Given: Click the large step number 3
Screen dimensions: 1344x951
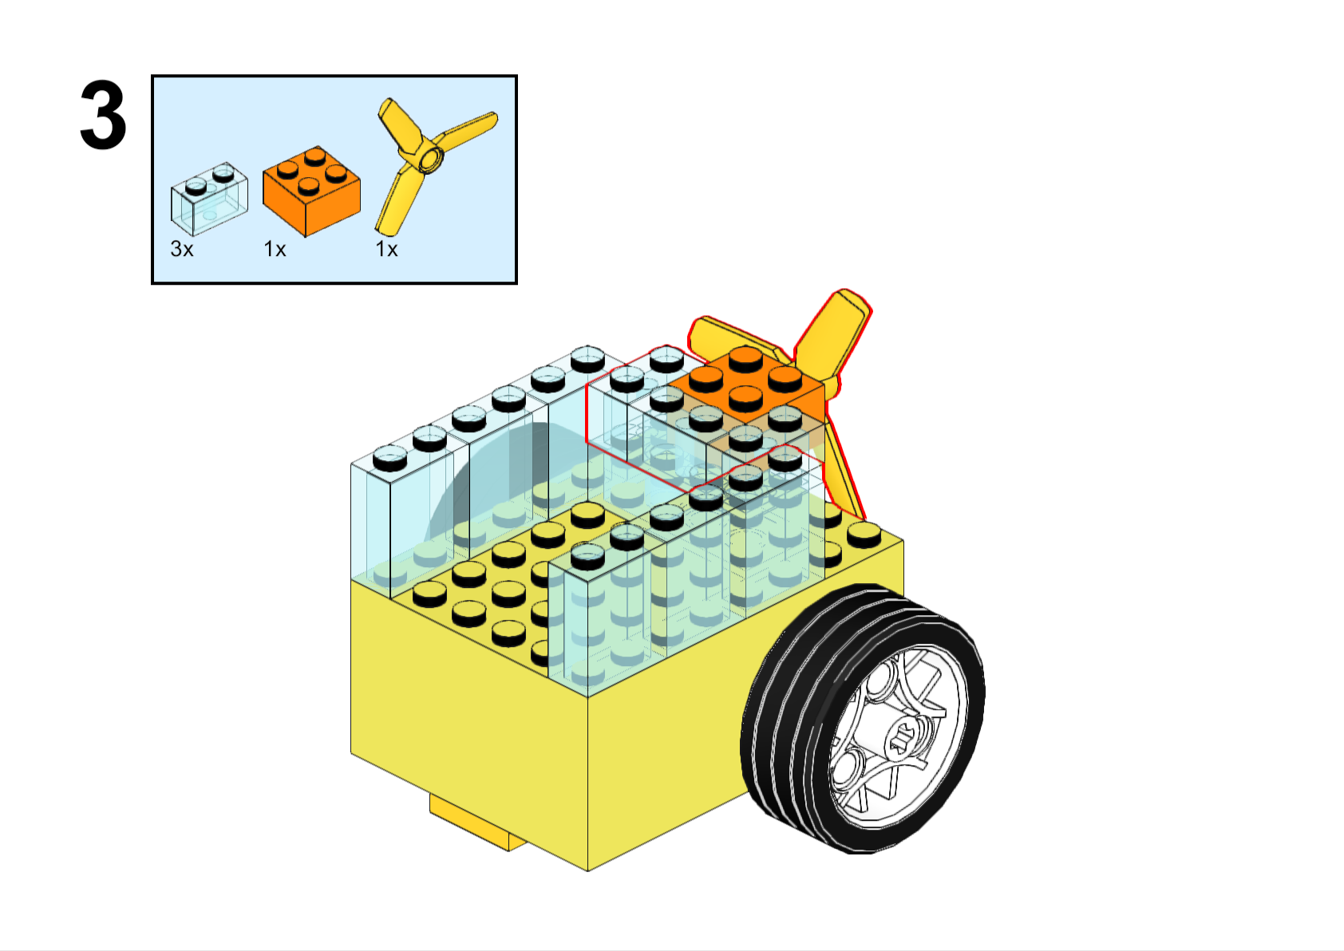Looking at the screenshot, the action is [x=103, y=115].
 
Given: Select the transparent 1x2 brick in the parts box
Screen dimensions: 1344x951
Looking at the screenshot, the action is [x=209, y=199].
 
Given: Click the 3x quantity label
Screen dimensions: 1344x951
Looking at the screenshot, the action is [x=182, y=249].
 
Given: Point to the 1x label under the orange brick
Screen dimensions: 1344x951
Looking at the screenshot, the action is [x=275, y=249].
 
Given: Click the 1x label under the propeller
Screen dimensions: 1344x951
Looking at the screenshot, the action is [x=386, y=249].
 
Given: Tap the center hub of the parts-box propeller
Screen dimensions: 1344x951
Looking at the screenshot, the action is [x=431, y=160].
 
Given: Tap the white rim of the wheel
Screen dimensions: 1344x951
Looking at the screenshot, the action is [x=898, y=737].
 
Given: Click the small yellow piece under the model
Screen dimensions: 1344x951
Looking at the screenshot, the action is [x=474, y=823].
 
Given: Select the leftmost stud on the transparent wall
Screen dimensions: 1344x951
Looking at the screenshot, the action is [x=390, y=460].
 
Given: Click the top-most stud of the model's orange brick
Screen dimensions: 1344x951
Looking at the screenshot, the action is [x=745, y=357].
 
